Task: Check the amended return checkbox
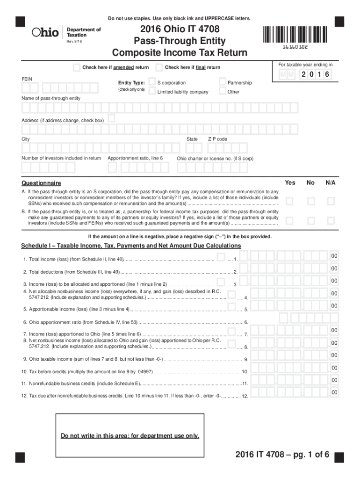click(77, 67)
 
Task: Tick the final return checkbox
click(159, 67)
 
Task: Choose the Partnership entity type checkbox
click(222, 82)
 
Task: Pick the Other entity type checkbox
click(222, 92)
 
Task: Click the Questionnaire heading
click(41, 183)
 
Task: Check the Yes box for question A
click(290, 201)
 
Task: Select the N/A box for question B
click(331, 220)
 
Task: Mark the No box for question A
click(310, 201)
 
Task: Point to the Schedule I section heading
click(131, 246)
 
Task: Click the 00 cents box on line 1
click(334, 256)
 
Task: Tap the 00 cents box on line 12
click(334, 392)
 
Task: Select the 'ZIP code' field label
click(217, 139)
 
